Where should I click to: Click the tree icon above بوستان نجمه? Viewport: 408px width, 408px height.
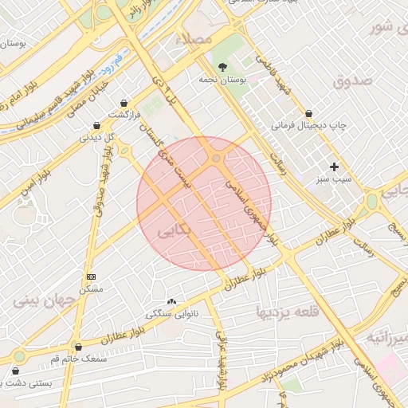pyautogui.click(x=222, y=67)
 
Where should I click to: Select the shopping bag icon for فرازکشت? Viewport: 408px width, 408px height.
pyautogui.click(x=124, y=103)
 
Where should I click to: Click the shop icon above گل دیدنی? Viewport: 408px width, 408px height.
pyautogui.click(x=96, y=124)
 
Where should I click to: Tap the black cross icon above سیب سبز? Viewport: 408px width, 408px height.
pyautogui.click(x=334, y=167)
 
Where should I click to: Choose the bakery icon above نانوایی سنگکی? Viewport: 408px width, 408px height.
pyautogui.click(x=171, y=301)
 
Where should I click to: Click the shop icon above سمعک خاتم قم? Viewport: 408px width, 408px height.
pyautogui.click(x=78, y=347)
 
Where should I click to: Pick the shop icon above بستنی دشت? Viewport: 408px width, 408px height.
pyautogui.click(x=16, y=371)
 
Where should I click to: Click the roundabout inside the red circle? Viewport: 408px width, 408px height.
pyautogui.click(x=216, y=159)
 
